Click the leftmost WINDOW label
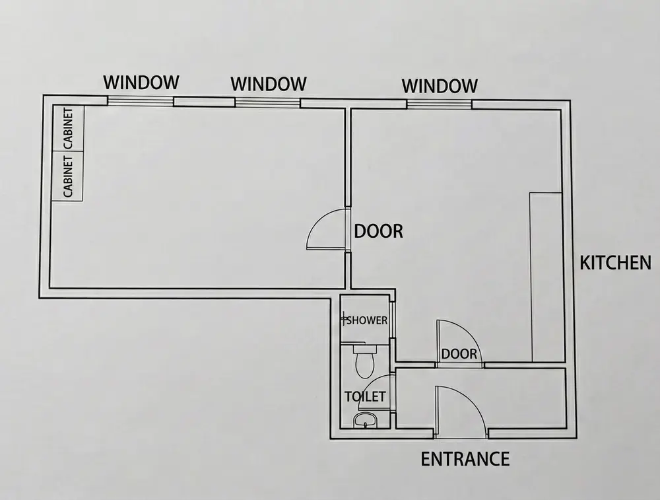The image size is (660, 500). pyautogui.click(x=142, y=83)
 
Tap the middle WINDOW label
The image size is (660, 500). pyautogui.click(x=269, y=84)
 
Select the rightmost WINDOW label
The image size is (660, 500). pyautogui.click(x=440, y=86)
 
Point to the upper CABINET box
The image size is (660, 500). pyautogui.click(x=68, y=129)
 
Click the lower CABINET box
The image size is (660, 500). pyautogui.click(x=68, y=176)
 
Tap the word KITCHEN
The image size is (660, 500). pyautogui.click(x=615, y=263)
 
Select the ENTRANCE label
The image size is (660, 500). pyautogui.click(x=465, y=458)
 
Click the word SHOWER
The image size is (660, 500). pyautogui.click(x=367, y=320)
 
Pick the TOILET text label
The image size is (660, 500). pyautogui.click(x=365, y=397)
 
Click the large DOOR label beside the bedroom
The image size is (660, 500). pyautogui.click(x=379, y=231)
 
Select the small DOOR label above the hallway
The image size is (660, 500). pyautogui.click(x=459, y=354)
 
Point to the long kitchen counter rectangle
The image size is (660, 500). pyautogui.click(x=546, y=277)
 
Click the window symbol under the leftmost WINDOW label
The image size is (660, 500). pyautogui.click(x=141, y=101)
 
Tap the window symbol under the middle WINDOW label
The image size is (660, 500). pyautogui.click(x=268, y=102)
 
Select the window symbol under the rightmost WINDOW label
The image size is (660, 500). pyautogui.click(x=439, y=104)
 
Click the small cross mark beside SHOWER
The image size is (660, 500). pyautogui.click(x=344, y=320)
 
